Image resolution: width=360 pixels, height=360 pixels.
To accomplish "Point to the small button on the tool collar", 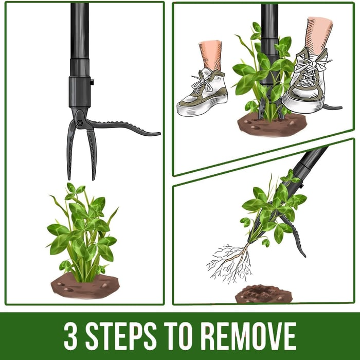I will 92,82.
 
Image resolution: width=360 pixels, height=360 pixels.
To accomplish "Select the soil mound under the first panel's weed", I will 85,286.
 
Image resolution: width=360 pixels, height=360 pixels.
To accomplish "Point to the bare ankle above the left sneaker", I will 210,54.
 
